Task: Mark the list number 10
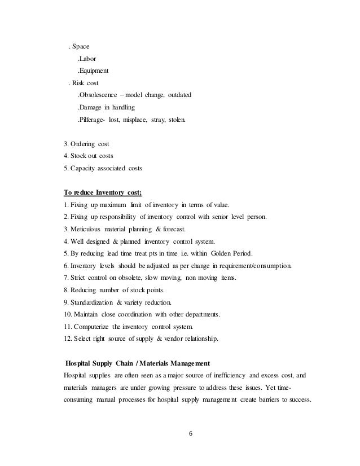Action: (x=69, y=314)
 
